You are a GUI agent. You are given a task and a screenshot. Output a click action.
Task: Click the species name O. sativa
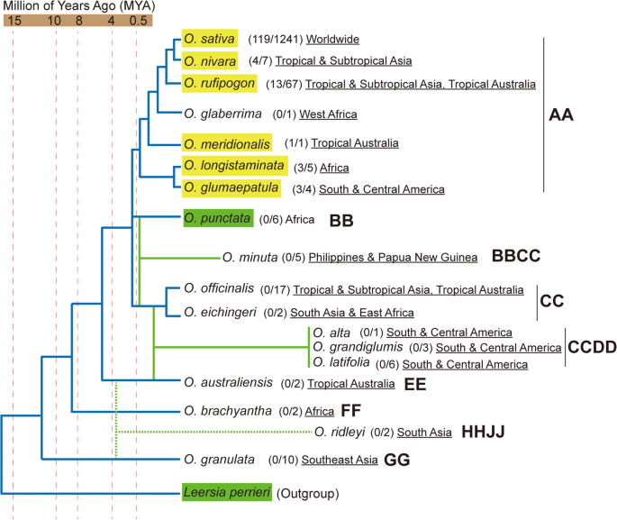pos(209,39)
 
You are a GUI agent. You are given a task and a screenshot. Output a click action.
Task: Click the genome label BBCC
pos(516,257)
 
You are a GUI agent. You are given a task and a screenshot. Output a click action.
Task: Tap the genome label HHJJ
pos(483,433)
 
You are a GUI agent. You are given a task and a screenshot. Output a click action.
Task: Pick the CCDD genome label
pos(590,347)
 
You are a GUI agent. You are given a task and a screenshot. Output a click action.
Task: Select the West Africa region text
pos(328,114)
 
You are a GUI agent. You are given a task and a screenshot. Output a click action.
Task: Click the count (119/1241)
pos(275,40)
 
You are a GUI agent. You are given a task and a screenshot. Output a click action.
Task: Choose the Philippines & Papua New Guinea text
pos(393,258)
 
